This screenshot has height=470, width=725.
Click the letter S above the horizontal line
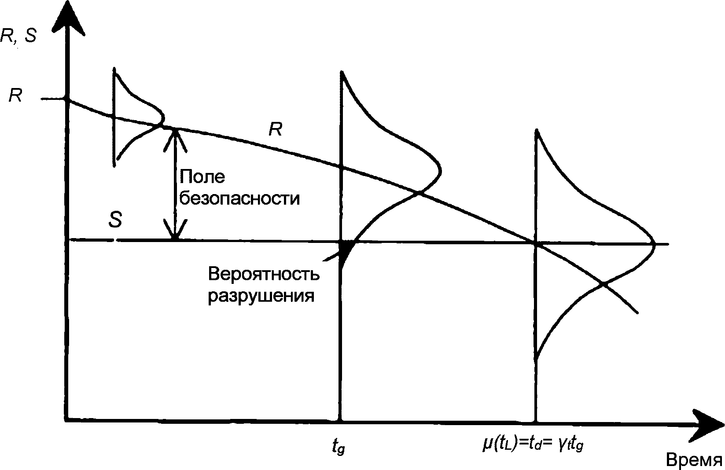point(115,220)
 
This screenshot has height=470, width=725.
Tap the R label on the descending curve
point(275,129)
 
